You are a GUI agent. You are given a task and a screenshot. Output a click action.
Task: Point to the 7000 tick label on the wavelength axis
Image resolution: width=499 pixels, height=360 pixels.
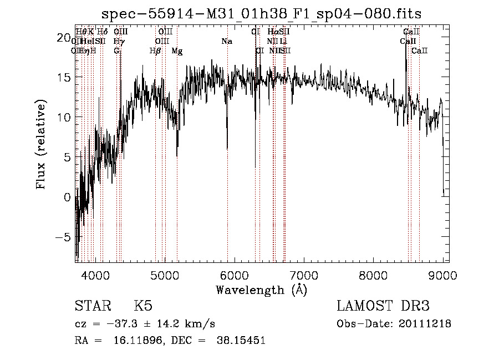303,275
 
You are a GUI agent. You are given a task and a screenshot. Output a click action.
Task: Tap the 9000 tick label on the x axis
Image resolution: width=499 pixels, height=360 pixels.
442,275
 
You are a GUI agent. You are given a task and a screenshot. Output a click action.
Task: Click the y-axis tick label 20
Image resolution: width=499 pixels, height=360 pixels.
65,38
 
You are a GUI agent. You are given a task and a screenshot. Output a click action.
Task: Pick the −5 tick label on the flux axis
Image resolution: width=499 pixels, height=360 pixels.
65,237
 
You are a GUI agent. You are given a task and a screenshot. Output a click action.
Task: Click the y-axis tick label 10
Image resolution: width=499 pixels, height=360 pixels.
65,118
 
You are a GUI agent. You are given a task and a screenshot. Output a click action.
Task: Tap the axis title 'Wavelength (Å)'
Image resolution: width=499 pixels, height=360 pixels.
261,289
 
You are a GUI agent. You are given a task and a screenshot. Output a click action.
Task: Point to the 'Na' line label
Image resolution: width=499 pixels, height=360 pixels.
226,42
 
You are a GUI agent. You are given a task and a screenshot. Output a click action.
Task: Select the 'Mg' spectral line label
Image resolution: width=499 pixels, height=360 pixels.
177,51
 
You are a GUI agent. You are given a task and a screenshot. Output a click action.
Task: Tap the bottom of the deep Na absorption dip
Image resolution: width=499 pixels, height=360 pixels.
227,149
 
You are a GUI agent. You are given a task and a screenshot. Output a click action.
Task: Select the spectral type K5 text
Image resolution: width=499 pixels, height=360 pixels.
143,306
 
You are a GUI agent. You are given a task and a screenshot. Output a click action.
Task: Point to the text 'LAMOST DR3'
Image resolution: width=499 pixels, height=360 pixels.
383,306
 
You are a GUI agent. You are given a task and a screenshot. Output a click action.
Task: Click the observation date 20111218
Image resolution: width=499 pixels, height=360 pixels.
425,323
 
